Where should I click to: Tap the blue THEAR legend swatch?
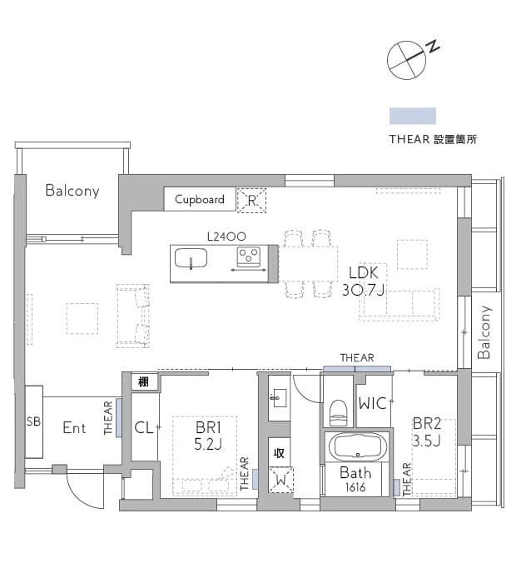[412, 116]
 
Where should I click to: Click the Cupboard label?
[200, 199]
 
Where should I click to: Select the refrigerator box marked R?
[251, 200]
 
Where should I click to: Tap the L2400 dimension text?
[226, 237]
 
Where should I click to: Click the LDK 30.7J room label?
[364, 282]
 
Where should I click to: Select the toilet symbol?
[339, 413]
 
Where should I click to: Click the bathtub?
[358, 447]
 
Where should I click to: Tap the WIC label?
[373, 403]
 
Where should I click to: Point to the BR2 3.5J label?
[426, 431]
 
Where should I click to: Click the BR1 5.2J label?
[208, 436]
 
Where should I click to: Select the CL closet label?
[144, 428]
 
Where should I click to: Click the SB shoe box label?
[33, 421]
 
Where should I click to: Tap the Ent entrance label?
[74, 428]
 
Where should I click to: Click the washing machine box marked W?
[280, 480]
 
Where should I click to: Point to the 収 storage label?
[279, 452]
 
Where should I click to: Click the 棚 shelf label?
[144, 381]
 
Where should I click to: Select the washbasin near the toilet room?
[278, 398]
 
